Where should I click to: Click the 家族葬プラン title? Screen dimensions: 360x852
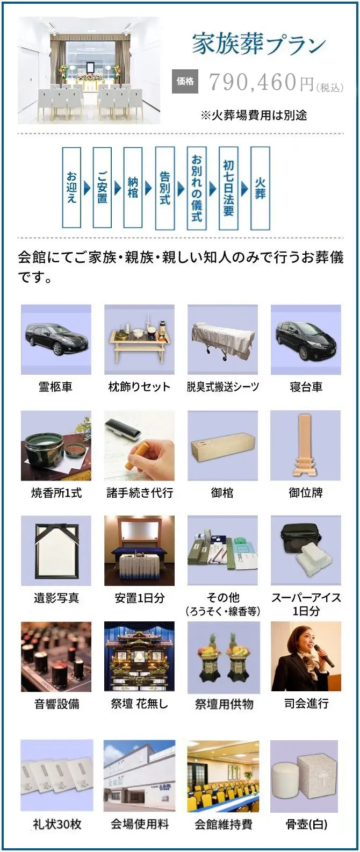click(x=258, y=44)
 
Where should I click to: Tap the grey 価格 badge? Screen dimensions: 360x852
click(x=185, y=81)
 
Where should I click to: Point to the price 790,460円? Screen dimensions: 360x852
click(x=262, y=82)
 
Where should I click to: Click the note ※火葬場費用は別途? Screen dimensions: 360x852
click(x=254, y=115)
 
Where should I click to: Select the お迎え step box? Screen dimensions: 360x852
click(x=71, y=188)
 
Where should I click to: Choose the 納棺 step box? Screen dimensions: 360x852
click(x=133, y=188)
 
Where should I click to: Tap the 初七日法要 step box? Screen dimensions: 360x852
click(x=228, y=188)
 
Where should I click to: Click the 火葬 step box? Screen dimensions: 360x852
click(x=260, y=188)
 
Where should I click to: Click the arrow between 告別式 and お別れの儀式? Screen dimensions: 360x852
click(x=181, y=188)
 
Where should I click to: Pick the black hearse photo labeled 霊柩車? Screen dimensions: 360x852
click(x=56, y=339)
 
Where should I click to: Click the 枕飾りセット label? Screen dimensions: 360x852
click(x=139, y=387)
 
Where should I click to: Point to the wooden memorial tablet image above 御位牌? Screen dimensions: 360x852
click(x=306, y=446)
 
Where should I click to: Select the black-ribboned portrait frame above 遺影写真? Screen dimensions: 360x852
click(x=56, y=550)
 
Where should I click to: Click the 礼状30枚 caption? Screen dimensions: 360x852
click(x=57, y=825)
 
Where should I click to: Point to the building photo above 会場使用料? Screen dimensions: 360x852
click(x=140, y=776)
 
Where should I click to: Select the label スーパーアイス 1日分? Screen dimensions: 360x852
click(x=306, y=604)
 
